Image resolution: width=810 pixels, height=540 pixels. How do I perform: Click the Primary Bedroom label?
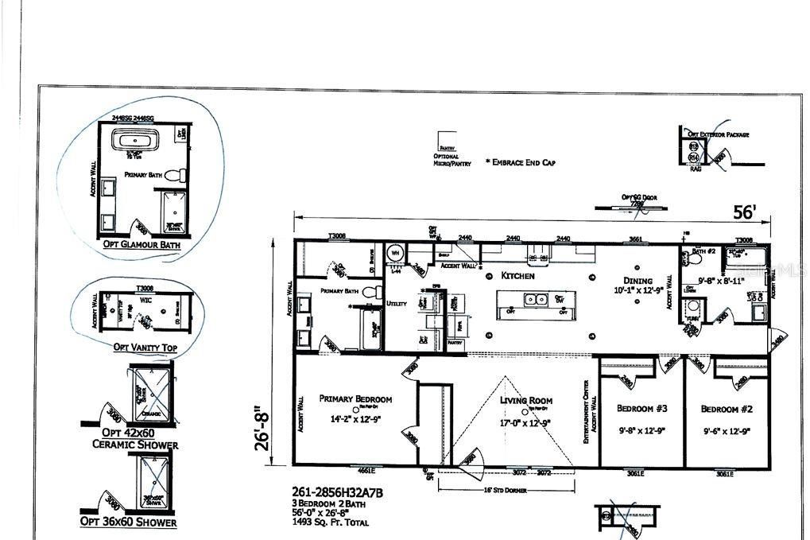click(355, 399)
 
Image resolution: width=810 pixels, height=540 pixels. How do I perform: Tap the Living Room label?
click(526, 402)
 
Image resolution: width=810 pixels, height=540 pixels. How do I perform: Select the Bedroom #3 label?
click(641, 409)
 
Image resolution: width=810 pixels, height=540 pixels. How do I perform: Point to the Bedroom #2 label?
click(726, 409)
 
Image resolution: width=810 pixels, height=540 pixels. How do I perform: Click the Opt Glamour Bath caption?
click(141, 245)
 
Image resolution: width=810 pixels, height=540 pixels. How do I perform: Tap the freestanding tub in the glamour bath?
click(134, 144)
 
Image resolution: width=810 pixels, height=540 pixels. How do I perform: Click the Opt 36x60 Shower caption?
click(128, 522)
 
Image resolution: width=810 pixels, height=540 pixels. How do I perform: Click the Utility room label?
click(396, 303)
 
